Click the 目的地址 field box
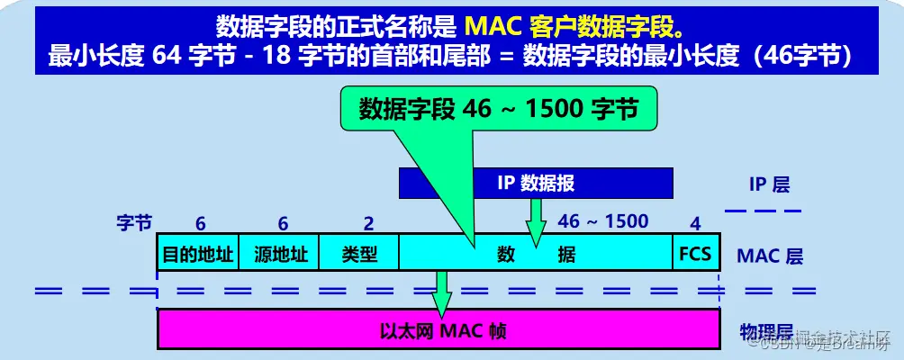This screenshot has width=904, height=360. click(x=196, y=254)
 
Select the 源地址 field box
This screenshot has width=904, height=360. click(x=281, y=254)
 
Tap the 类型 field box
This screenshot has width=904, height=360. click(x=359, y=254)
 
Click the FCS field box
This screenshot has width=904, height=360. click(x=695, y=254)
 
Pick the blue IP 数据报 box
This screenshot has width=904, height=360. click(x=536, y=184)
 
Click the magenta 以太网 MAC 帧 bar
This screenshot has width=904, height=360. click(x=438, y=329)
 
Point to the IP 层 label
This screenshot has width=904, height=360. click(x=769, y=184)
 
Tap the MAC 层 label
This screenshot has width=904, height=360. click(x=770, y=255)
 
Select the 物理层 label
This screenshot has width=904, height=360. click(x=765, y=329)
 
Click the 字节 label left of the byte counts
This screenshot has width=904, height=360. click(x=134, y=222)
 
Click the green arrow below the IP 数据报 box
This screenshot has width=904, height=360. click(x=537, y=220)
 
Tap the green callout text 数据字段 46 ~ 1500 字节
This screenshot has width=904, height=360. click(x=499, y=109)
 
